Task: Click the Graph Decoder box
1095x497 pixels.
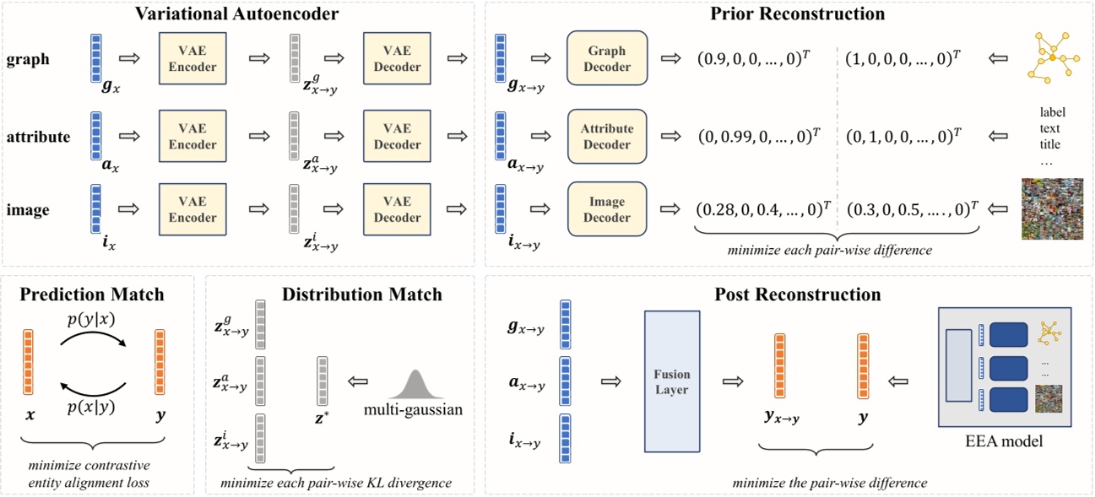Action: coord(607,58)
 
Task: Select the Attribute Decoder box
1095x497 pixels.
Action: coord(607,136)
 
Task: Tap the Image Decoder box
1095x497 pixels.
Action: coord(607,210)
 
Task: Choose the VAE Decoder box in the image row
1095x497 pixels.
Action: coord(398,210)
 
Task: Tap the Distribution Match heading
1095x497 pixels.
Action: coord(362,294)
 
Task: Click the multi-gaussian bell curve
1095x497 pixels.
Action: coord(414,389)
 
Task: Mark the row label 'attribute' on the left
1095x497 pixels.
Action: coord(38,136)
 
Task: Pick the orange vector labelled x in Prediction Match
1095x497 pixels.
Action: coord(29,363)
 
